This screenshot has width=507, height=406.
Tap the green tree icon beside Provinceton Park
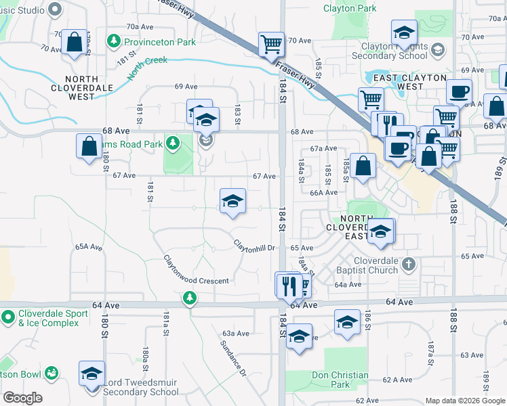[x=113, y=42]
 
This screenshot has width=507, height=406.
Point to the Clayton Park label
[x=350, y=9]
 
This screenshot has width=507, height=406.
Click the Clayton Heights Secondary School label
[x=395, y=51]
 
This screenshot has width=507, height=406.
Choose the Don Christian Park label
[x=340, y=380]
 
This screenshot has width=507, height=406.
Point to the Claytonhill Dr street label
[x=254, y=246]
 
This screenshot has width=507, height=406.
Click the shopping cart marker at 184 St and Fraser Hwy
[x=271, y=45]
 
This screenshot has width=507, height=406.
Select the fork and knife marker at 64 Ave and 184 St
[x=291, y=285]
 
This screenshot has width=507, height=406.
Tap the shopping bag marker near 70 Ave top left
[x=74, y=42]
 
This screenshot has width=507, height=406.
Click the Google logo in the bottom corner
[x=22, y=398]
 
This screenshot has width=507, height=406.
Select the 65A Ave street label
[x=88, y=248]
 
